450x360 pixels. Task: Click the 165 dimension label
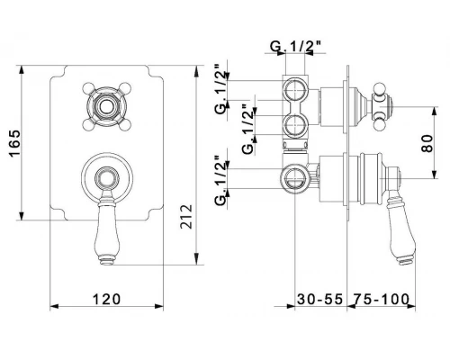15,143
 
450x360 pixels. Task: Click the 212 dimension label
186,217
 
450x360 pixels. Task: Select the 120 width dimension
106,299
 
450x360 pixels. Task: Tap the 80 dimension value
427,143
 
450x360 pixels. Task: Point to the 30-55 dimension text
319,299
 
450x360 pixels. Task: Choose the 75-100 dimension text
381,299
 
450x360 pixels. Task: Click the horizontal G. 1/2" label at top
295,47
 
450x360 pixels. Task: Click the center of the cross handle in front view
106,107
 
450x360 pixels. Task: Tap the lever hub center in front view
107,179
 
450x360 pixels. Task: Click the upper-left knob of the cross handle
87,88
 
